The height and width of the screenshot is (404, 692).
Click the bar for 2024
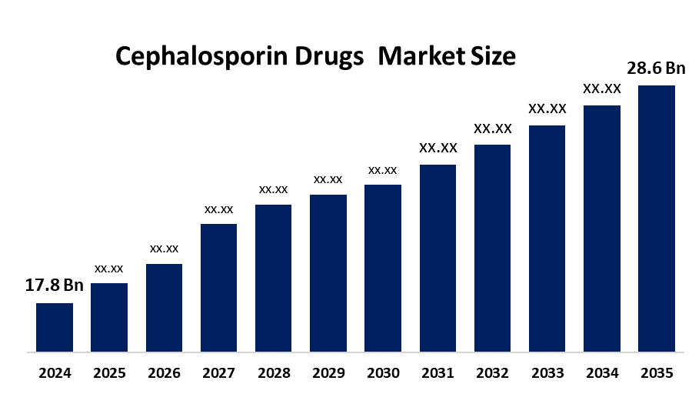55,328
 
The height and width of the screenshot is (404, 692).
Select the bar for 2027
218,288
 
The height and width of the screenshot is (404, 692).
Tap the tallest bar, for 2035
657,219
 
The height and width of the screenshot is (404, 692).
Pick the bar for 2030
383,269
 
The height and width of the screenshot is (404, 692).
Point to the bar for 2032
492,249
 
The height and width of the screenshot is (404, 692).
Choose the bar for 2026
164,308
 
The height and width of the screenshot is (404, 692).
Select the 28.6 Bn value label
656,68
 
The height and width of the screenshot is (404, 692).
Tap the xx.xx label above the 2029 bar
328,179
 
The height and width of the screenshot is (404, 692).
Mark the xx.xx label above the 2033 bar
547,109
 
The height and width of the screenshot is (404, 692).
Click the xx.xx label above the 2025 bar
109,269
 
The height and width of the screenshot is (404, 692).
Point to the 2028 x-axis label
273,373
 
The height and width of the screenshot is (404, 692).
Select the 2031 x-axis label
437,373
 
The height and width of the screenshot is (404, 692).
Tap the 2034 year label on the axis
601,373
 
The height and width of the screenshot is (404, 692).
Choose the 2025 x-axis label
109,373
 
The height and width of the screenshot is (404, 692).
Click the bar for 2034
601,229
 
